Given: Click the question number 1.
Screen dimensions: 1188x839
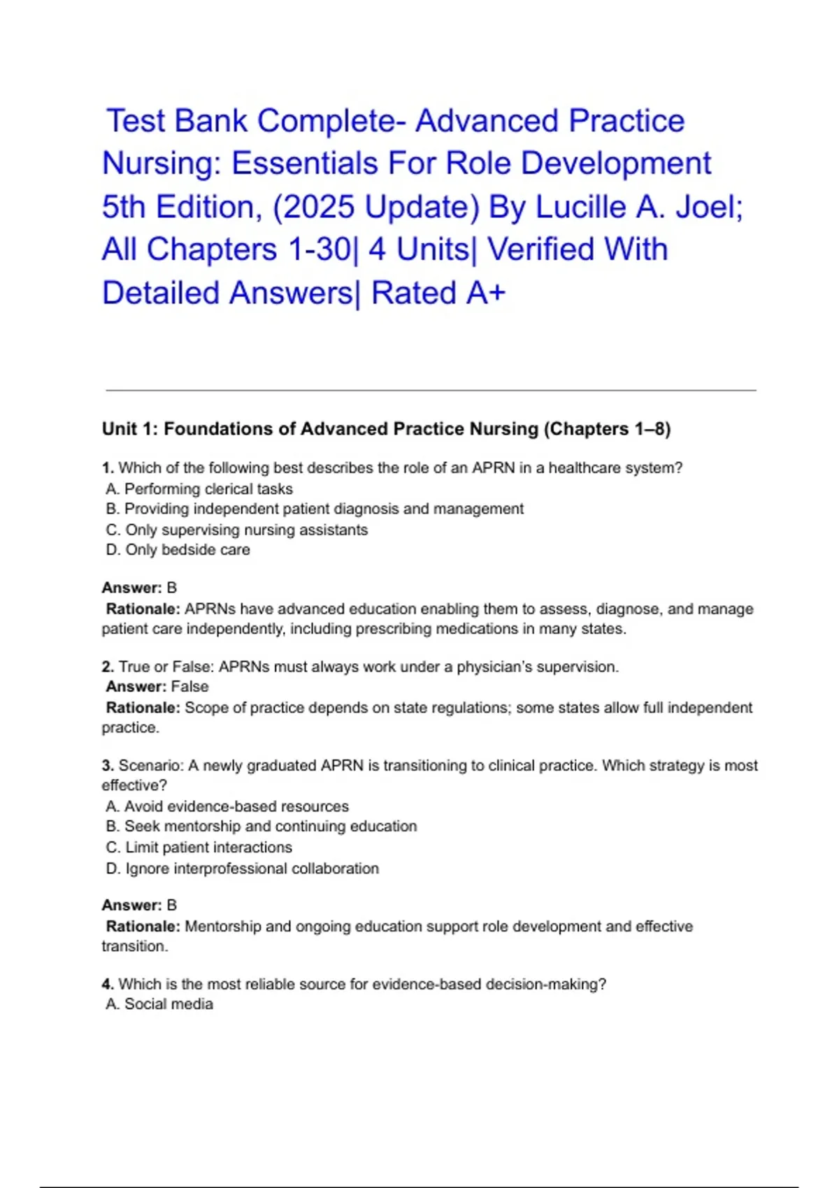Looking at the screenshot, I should pos(108,468).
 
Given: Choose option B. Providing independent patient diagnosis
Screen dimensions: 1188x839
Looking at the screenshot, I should pos(315,509).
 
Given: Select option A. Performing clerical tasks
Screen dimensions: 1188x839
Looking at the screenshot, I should pos(199,489).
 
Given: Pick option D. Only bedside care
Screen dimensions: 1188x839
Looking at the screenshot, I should pos(178,550).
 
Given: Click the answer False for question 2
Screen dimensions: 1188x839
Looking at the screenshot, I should pos(189,686).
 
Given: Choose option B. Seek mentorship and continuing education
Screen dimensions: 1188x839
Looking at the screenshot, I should pos(261,826).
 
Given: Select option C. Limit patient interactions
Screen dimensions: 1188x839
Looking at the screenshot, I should pos(199,847).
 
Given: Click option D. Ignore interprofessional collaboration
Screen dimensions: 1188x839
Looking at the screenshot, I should pos(243,868).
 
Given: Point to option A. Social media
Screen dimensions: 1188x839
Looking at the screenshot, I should pos(159,1004).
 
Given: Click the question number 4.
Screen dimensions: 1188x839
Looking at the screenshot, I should pos(108,984).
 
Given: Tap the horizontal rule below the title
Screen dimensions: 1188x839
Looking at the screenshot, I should pos(431,390).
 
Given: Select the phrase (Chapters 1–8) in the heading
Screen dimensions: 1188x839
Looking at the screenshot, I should pos(607,429).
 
